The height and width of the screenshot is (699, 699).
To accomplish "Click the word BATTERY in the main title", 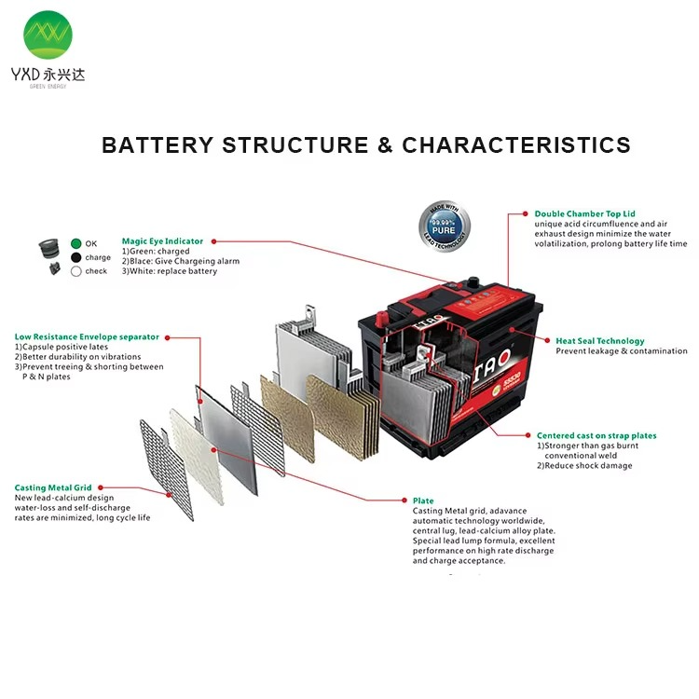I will coord(156,145).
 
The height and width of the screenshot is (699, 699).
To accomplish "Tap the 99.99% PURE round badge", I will coord(444,226).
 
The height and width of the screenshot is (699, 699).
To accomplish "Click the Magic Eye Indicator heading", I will coord(162,241).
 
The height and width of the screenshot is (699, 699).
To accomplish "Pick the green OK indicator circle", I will coord(76,244).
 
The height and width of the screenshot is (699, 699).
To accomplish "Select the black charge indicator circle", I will coord(76,257).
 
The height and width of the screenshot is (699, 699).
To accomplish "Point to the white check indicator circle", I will coord(76,271).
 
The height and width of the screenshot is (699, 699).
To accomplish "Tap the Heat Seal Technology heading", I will coord(599,341).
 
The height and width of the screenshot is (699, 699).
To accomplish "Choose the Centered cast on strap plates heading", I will coord(596,435).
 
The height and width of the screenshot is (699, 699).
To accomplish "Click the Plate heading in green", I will coord(423,500).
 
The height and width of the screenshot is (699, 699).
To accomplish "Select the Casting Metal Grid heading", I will coord(53,487).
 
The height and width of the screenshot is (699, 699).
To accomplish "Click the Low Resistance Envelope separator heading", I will coord(87,336).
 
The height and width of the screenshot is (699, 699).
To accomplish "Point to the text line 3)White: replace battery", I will coord(170,271).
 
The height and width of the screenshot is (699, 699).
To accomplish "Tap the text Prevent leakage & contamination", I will coord(621,351).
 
